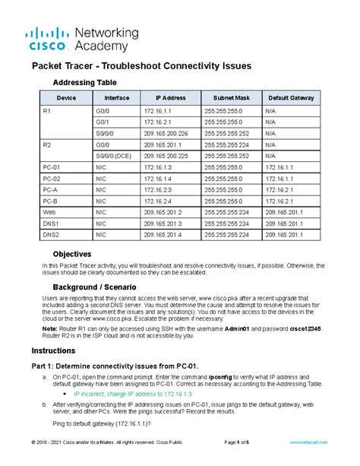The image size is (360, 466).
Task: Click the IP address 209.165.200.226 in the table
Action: pyautogui.click(x=166, y=132)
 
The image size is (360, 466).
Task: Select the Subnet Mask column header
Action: pyautogui.click(x=232, y=99)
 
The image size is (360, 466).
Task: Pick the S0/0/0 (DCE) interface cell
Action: pyautogui.click(x=113, y=154)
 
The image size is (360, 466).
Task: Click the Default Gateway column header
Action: pyautogui.click(x=292, y=99)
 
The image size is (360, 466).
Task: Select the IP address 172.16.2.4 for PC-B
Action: pyautogui.click(x=159, y=201)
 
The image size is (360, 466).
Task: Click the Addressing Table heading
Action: pyautogui.click(x=84, y=82)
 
